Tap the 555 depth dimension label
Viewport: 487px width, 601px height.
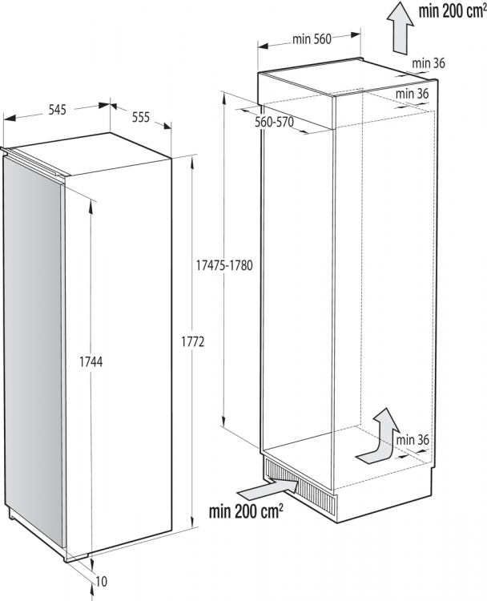pos(140,117)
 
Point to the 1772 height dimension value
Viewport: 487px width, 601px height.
pos(195,342)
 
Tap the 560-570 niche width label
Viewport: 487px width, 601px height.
pos(275,123)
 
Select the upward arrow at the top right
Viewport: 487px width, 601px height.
pos(400,26)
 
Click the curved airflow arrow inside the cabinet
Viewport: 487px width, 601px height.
pos(379,436)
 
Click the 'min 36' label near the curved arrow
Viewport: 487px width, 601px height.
pos(413,439)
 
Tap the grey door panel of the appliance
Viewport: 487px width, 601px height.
pos(34,345)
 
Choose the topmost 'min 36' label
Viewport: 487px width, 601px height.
pos(429,63)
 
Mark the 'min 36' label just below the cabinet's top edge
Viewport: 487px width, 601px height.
pos(412,94)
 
